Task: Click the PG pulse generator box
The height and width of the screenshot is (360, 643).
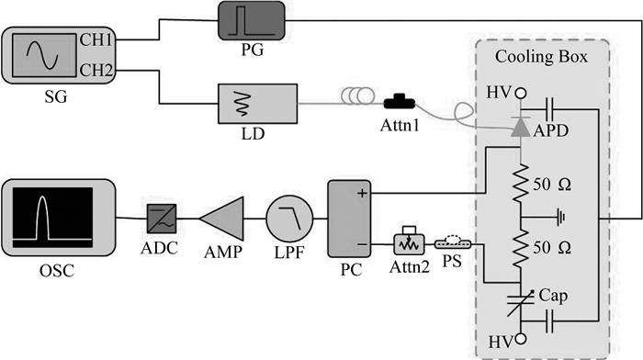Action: [x=251, y=20]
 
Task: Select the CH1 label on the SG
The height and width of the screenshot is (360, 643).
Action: [x=96, y=39]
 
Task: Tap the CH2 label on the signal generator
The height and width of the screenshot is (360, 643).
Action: [x=96, y=70]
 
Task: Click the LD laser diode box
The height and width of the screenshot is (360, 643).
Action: [x=257, y=104]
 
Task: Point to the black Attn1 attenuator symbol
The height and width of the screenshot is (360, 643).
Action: [x=400, y=102]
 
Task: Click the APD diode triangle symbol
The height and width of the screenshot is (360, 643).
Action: [x=521, y=129]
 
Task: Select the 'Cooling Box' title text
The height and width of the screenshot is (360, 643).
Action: [x=541, y=56]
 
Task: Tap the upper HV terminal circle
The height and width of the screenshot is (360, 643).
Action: [x=521, y=93]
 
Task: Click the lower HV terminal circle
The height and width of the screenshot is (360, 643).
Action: [x=521, y=339]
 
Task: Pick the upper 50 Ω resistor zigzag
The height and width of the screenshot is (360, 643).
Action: [x=521, y=183]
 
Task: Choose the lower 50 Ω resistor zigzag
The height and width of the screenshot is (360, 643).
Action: [x=521, y=248]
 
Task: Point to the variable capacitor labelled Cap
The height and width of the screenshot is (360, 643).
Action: [x=521, y=302]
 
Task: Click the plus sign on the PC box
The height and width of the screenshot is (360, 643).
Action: [x=362, y=193]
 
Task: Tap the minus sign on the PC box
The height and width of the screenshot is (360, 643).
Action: [x=362, y=245]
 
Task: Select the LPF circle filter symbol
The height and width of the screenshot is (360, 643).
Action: [x=289, y=219]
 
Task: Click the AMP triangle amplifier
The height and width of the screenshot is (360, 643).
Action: [x=222, y=218]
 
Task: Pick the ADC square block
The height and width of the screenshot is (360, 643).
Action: [x=162, y=219]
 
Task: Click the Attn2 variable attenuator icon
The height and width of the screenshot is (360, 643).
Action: [x=410, y=241]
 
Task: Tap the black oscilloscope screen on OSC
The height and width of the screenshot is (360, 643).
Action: [x=52, y=218]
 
